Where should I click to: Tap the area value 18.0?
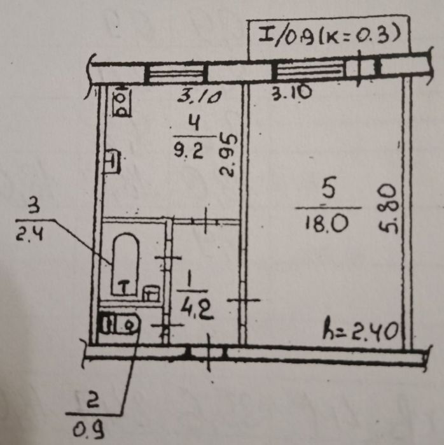pos(328,223)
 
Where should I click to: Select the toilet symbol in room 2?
pos(119,325)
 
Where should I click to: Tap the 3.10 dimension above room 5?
pos(291,93)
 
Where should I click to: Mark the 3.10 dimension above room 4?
pos(198,97)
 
